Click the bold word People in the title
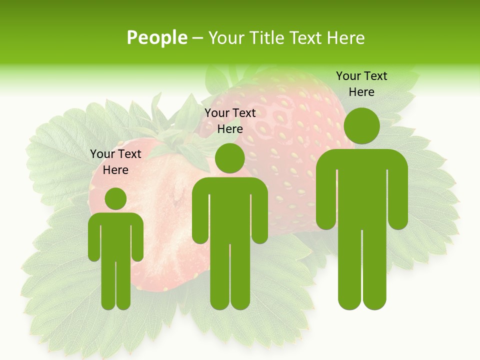point(156,37)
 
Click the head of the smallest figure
point(115,198)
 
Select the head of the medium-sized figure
point(229,158)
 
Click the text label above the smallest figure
point(115,162)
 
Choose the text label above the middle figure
point(230,121)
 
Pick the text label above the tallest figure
point(361,84)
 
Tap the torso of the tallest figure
point(361,190)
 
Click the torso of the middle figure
point(229,210)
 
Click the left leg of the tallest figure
point(349,270)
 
